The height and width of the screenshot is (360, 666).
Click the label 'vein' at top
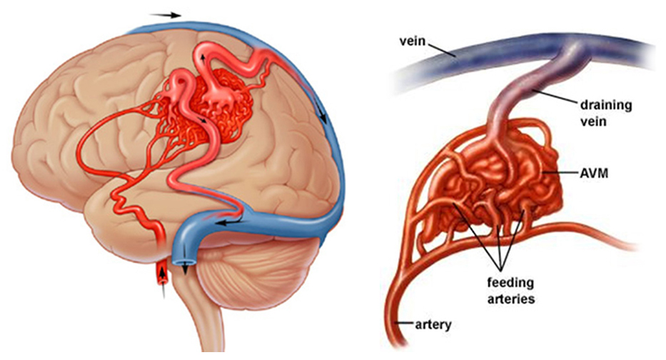[412, 41]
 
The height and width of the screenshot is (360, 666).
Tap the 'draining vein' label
[605, 113]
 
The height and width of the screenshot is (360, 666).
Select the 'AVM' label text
[594, 173]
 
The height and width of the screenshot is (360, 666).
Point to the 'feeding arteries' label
[510, 290]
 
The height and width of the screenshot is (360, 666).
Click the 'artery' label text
[433, 325]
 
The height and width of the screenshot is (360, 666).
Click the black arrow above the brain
[165, 15]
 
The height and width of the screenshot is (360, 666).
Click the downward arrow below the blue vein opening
[186, 269]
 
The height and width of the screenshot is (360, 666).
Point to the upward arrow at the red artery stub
[163, 281]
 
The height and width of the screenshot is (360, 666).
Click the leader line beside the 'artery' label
[404, 324]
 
